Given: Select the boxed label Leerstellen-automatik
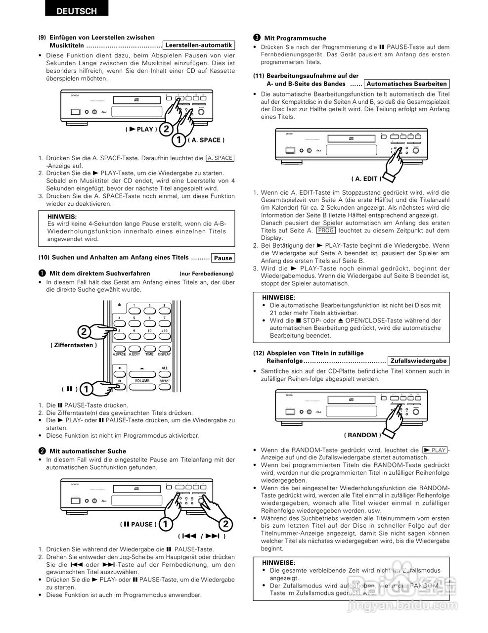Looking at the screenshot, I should (x=199, y=45).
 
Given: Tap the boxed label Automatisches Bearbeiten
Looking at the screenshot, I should (x=406, y=84).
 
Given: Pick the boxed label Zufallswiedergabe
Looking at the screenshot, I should (x=418, y=361).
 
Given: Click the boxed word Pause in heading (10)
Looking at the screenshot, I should (x=222, y=258).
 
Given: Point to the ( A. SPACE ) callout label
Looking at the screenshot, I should (x=204, y=140).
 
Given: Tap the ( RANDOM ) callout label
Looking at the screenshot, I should (x=362, y=435).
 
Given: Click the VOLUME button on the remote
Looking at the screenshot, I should (x=142, y=381).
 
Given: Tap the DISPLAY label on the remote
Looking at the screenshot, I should (x=164, y=354).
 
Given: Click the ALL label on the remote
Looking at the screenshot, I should (x=164, y=367).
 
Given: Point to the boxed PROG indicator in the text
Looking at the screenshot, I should (x=326, y=230).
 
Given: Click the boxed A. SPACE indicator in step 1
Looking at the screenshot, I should (x=220, y=158).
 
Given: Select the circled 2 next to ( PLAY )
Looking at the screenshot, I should (x=166, y=129).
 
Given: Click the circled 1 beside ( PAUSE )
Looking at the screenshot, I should (x=166, y=524).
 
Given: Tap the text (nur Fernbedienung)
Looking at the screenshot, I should (x=206, y=273).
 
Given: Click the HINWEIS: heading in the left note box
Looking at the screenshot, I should (x=62, y=216).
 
